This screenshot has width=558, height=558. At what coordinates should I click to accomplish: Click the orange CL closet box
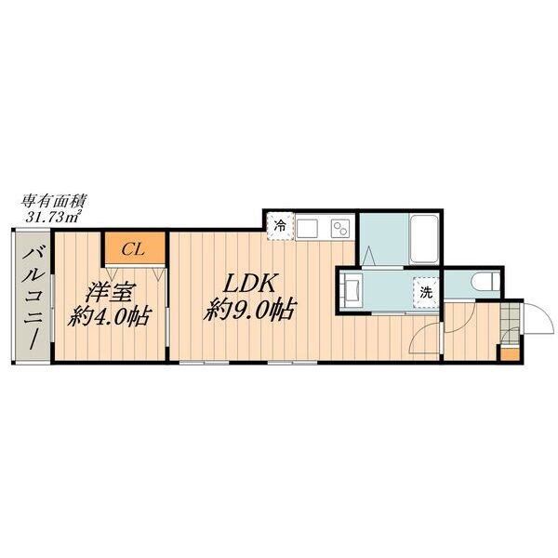pyautogui.click(x=134, y=248)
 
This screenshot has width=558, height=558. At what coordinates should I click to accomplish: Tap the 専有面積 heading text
pyautogui.click(x=49, y=200)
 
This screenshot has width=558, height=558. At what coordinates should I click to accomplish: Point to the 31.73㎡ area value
pyautogui.click(x=52, y=216)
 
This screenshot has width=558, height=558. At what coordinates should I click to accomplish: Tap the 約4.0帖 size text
pyautogui.click(x=109, y=315)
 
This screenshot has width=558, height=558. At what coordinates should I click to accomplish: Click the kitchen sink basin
pyautogui.click(x=307, y=226)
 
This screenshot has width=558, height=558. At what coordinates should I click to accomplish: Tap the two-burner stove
pyautogui.click(x=337, y=226)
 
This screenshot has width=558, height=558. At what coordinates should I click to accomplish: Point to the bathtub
pyautogui.click(x=426, y=238)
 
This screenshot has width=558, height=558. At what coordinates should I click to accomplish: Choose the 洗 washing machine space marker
pyautogui.click(x=424, y=292)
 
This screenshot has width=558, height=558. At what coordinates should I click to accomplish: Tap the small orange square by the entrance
pyautogui.click(x=509, y=352)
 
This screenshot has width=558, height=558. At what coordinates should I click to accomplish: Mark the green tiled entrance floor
pyautogui.click(x=508, y=327)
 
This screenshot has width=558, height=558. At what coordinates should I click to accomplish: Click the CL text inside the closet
pyautogui.click(x=133, y=248)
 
